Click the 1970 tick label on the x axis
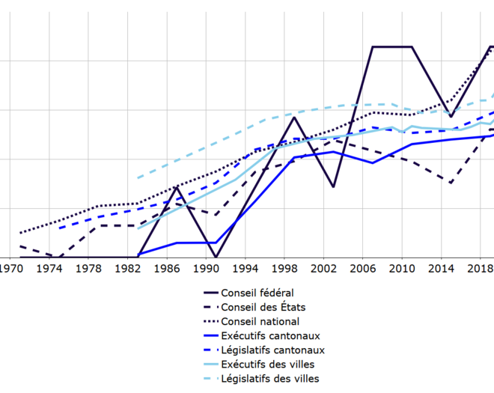point(10,268)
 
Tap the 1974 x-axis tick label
point(49,268)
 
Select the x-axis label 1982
point(128,268)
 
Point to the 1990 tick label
point(206,268)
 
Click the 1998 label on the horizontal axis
point(284,268)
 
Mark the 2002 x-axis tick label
point(323,268)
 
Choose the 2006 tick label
point(363,268)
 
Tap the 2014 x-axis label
point(441,268)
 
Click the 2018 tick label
point(479,268)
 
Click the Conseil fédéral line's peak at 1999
point(294,118)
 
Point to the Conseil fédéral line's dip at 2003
point(333,186)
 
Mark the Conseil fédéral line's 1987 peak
point(177,187)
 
